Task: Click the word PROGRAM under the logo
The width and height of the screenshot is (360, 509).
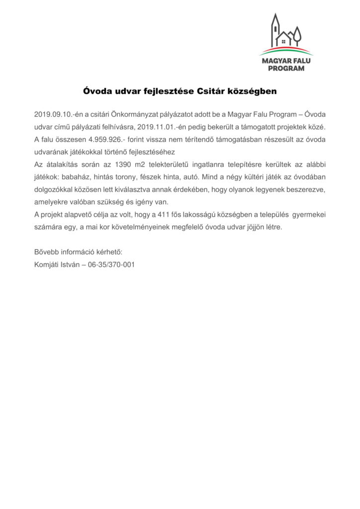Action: [x=286, y=69]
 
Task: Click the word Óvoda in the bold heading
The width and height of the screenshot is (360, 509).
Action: [x=95, y=92]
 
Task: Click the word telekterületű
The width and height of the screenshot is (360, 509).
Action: [x=190, y=164]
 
